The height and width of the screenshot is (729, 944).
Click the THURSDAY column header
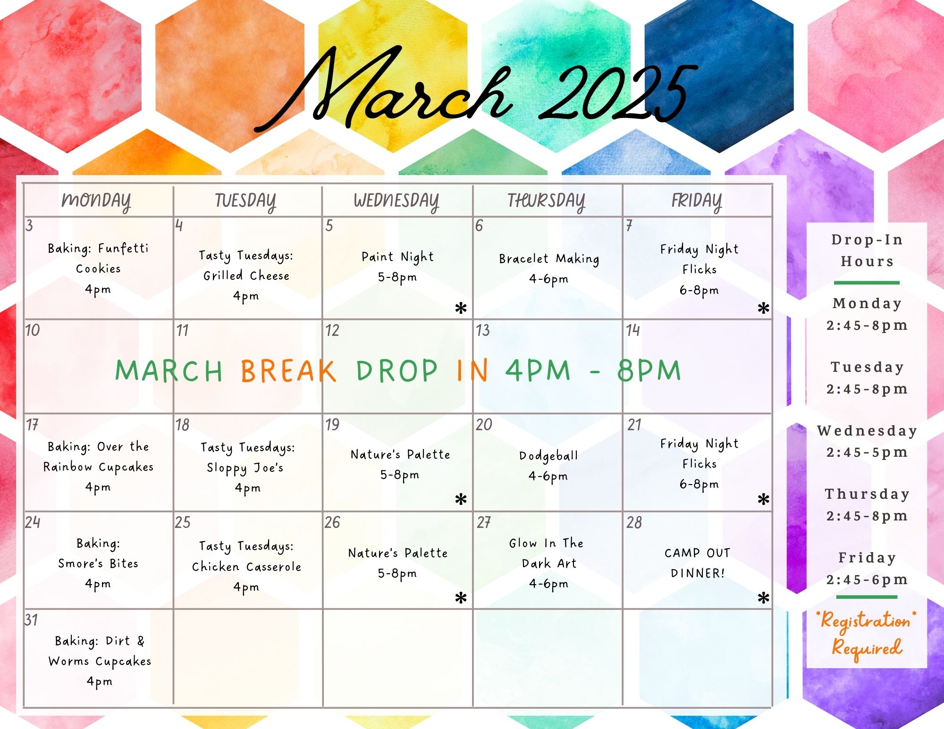point(546,201)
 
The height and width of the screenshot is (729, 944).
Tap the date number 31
point(31,620)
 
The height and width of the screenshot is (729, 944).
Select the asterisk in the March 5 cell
point(461,309)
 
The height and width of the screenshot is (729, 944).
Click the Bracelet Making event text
point(549,259)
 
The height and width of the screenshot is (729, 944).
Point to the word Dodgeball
point(548,455)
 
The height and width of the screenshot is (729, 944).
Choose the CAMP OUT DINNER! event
point(698,563)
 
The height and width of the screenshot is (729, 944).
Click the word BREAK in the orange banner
point(288,370)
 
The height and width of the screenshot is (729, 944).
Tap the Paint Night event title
point(397,257)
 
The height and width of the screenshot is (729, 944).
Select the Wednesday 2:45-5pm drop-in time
point(867,452)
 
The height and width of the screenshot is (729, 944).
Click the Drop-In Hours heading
point(867,251)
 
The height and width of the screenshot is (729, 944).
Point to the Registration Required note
point(867,634)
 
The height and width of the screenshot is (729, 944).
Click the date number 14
point(633,330)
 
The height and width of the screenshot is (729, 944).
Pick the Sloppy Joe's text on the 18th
point(245,468)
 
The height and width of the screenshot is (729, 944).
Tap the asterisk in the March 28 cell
point(763,598)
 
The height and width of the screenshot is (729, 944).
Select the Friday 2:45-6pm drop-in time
point(867,579)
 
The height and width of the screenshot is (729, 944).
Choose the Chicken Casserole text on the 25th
point(246,567)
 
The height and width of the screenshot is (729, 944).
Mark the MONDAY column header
point(96,201)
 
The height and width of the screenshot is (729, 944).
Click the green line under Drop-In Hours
point(867,283)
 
